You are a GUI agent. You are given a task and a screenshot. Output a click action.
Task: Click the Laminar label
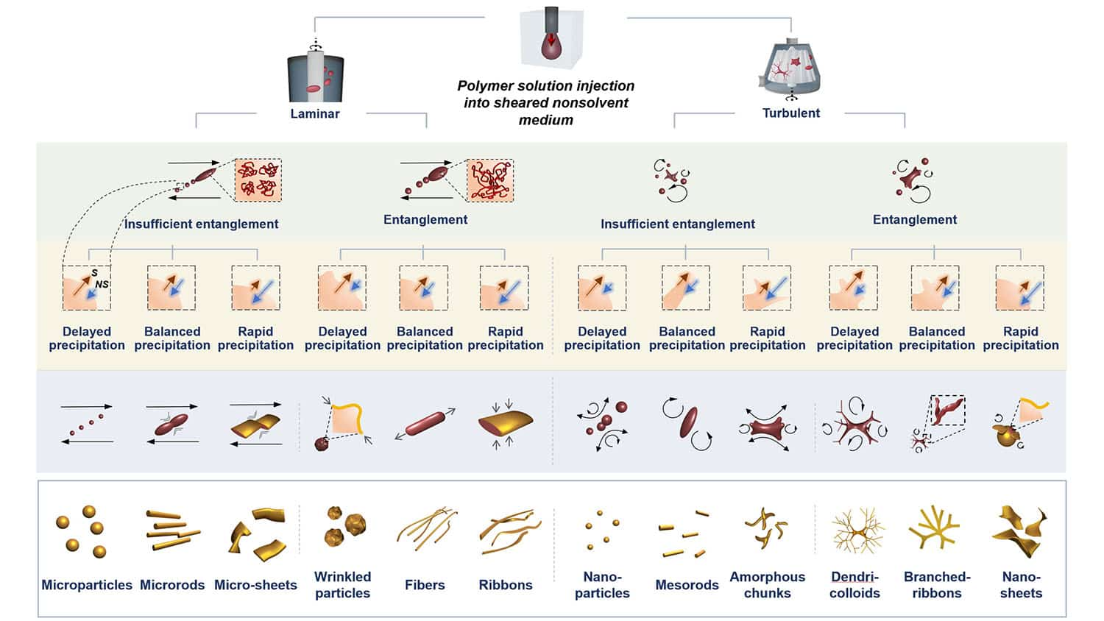pos(314,113)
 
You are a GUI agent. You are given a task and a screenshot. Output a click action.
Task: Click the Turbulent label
pos(790,113)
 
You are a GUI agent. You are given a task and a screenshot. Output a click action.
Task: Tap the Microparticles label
pos(87,585)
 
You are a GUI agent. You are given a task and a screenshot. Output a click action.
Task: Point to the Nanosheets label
pos(1021,585)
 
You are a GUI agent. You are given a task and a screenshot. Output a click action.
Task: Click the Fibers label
pos(425,585)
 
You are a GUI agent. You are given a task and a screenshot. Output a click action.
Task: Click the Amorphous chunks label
pos(767,585)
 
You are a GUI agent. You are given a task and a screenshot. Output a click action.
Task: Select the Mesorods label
pos(687,585)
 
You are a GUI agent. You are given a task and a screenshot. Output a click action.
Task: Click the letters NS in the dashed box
pos(102,284)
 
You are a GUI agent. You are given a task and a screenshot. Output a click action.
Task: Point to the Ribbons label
pos(505,585)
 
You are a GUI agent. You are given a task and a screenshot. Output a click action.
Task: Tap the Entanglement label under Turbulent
pos(914,219)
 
